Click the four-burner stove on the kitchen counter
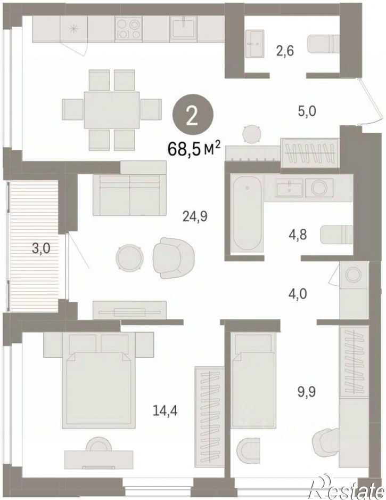pos(128,29)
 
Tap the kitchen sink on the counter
pos(184,28)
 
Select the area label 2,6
pos(285,51)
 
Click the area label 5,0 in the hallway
pos(307,112)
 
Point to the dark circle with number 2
pos(193,117)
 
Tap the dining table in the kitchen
pos(112,110)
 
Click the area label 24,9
pos(195,217)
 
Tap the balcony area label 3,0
pos(42,248)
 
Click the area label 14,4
pos(165,411)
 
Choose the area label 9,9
pos(306,392)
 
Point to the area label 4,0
pos(298,294)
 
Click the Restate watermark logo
pos(347,487)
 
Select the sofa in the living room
pos(129,195)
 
